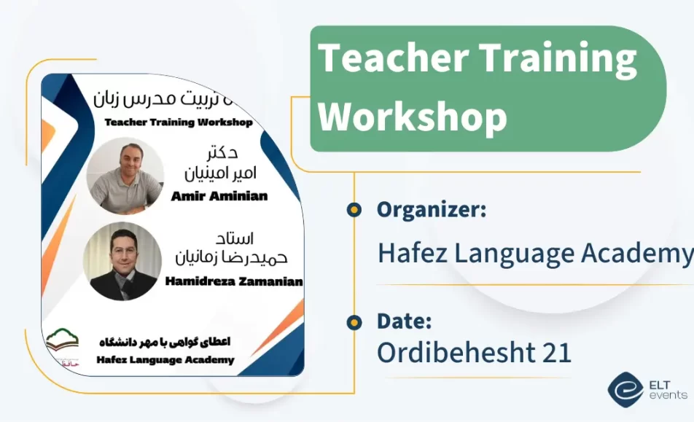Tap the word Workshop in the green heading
point(413,116)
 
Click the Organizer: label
point(432,210)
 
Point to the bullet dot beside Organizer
point(354,210)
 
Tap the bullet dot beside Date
point(354,321)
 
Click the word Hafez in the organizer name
point(412,253)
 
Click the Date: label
point(404,321)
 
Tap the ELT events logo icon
point(625,389)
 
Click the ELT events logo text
point(667,389)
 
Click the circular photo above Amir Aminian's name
point(124,176)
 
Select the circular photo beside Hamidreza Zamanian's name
point(122,261)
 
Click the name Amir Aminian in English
point(219,195)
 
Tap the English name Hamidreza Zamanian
point(233,281)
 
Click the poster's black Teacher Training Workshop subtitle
point(179,122)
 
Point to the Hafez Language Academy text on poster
point(165,359)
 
